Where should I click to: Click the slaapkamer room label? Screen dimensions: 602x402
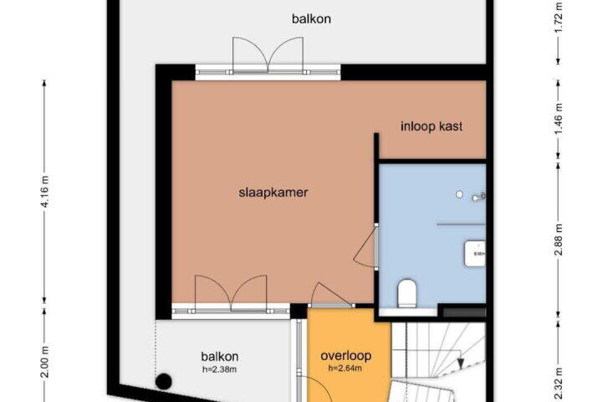tap(273, 192)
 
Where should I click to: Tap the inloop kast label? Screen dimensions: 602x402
tap(431, 126)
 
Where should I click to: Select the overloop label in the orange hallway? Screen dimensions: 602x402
tap(346, 355)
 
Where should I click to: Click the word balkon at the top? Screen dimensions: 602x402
tap(311, 18)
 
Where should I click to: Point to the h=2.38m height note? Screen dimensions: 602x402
tap(220, 369)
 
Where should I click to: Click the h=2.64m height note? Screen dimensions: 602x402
tap(345, 368)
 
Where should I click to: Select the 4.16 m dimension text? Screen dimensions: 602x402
tap(45, 191)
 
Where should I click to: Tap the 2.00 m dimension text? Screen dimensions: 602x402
tap(45, 362)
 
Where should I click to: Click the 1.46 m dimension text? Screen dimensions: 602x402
tap(559, 119)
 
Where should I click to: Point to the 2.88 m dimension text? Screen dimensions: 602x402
tap(559, 240)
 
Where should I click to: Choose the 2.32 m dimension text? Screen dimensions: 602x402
tap(559, 384)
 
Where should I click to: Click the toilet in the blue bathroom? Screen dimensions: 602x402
tap(407, 293)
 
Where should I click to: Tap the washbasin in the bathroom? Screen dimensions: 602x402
tap(475, 253)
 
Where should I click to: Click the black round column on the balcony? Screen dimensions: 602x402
tap(164, 381)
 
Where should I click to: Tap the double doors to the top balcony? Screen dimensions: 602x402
tap(268, 56)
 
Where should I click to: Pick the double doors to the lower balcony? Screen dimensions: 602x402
tap(231, 293)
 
